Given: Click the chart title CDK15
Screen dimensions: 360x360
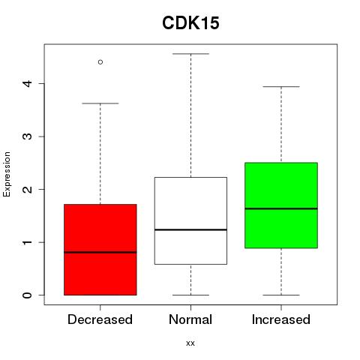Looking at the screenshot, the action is click(x=190, y=23).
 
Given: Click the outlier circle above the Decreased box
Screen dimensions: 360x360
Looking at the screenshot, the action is click(x=100, y=61).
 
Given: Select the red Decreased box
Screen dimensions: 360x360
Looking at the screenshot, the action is click(x=100, y=250).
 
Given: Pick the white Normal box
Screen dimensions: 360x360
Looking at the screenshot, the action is click(x=190, y=220).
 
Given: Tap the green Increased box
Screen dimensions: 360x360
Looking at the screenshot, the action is click(x=281, y=205).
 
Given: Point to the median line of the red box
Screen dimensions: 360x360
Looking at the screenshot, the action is click(x=100, y=252).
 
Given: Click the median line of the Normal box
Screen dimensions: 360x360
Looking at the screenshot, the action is click(x=190, y=229).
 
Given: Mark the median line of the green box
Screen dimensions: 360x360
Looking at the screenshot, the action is click(x=281, y=208).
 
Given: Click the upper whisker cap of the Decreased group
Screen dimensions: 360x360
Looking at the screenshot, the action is click(x=100, y=103).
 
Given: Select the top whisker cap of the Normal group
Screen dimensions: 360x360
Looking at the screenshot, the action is click(x=190, y=54).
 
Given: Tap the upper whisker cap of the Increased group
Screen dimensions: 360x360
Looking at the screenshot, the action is click(x=281, y=87).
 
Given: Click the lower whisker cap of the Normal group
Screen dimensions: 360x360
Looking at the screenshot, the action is click(x=190, y=295).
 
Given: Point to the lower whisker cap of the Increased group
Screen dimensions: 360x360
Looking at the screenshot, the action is click(x=281, y=295).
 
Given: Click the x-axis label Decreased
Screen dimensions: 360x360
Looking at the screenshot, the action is click(x=100, y=319).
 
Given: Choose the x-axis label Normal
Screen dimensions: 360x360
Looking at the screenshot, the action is click(x=190, y=319).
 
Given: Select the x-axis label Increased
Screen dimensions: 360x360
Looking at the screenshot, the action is click(x=281, y=319).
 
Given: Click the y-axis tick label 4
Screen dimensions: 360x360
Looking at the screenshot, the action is click(x=28, y=83).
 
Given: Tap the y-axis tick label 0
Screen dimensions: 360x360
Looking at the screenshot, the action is click(x=28, y=295).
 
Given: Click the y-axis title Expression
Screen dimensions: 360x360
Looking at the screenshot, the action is click(x=7, y=174).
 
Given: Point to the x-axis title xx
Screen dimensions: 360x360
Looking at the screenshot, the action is click(x=190, y=343).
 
